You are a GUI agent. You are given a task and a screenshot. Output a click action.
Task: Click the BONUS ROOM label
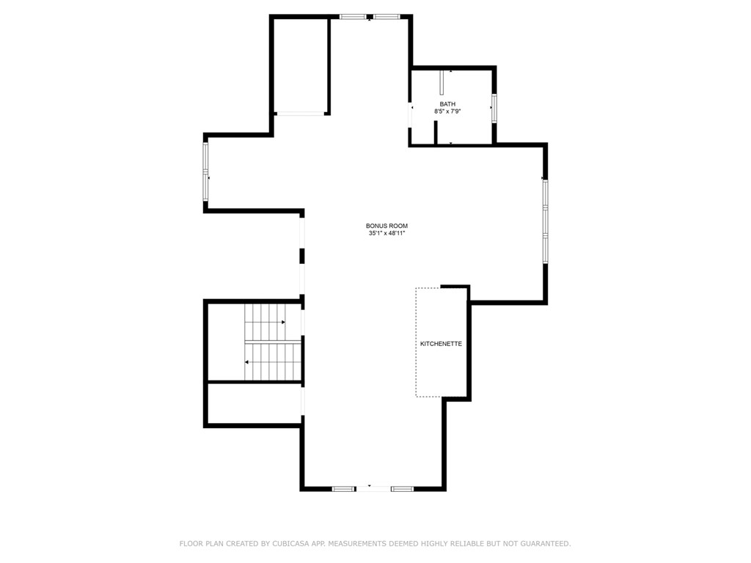[387, 226]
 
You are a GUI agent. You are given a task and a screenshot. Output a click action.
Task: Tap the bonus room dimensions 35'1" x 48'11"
[387, 234]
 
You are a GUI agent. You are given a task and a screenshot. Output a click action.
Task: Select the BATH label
[448, 104]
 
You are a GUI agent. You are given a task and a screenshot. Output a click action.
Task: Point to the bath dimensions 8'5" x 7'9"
[448, 111]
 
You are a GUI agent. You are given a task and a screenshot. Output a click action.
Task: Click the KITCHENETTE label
[441, 344]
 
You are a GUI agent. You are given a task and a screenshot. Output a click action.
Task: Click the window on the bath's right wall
[494, 108]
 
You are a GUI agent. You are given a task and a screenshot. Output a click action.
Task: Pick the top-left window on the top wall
[353, 18]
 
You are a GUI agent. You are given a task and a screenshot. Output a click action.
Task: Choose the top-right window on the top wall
[387, 18]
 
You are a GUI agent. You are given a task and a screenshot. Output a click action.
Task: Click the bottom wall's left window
[343, 489]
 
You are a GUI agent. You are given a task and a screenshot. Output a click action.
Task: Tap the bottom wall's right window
[403, 489]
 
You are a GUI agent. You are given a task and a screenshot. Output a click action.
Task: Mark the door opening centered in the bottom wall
[373, 489]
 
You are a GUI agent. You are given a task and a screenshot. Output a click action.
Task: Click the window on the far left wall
[205, 172]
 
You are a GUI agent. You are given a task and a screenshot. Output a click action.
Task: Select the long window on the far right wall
[545, 221]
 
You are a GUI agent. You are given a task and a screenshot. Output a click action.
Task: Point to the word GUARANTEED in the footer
[546, 544]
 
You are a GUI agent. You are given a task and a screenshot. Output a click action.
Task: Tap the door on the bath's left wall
[411, 115]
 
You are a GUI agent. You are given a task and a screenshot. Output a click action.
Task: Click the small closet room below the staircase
[254, 403]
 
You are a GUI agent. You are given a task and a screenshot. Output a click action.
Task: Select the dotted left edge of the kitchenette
[416, 342]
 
